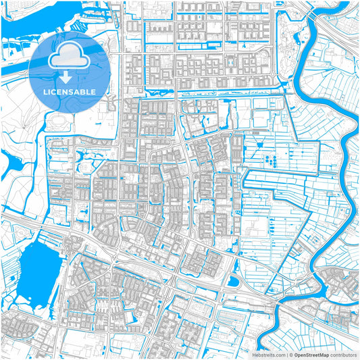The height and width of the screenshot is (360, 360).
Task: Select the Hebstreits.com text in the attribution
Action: click(x=268, y=354)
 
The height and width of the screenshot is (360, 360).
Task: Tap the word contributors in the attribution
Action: click(x=344, y=354)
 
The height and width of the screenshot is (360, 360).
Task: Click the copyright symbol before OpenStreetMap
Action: click(x=292, y=354)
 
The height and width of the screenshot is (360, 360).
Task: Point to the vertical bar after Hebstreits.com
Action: click(x=286, y=354)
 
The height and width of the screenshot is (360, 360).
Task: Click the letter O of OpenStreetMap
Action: click(x=297, y=354)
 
